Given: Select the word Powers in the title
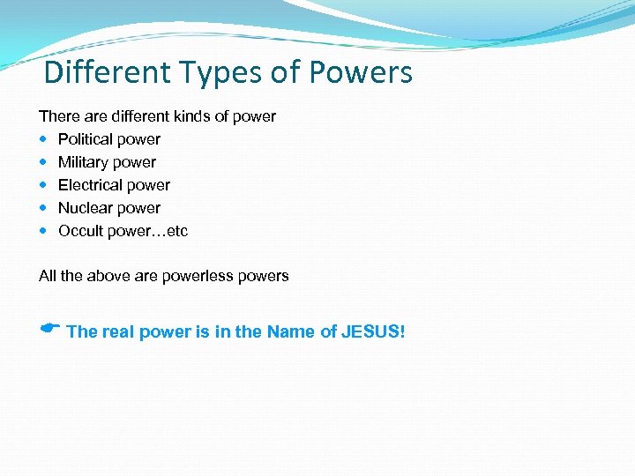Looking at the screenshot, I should [360, 72].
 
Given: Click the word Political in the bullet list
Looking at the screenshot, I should [86, 139].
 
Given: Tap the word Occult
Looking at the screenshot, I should [80, 231].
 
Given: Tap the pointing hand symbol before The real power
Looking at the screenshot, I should [49, 329].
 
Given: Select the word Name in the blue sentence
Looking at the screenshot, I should [290, 332].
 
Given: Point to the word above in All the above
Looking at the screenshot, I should [109, 276].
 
